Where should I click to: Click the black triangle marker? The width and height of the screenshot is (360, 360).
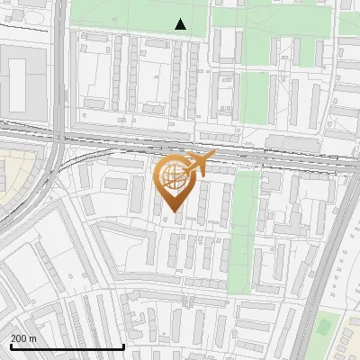tap(181, 25)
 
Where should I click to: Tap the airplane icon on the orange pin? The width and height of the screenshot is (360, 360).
tap(202, 163)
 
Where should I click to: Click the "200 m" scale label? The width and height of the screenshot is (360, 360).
tap(23, 338)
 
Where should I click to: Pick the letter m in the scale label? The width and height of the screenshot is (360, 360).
tap(32, 338)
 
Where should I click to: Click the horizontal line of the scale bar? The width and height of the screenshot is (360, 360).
tap(67, 346)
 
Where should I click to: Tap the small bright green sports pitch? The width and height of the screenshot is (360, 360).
tap(325, 326)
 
